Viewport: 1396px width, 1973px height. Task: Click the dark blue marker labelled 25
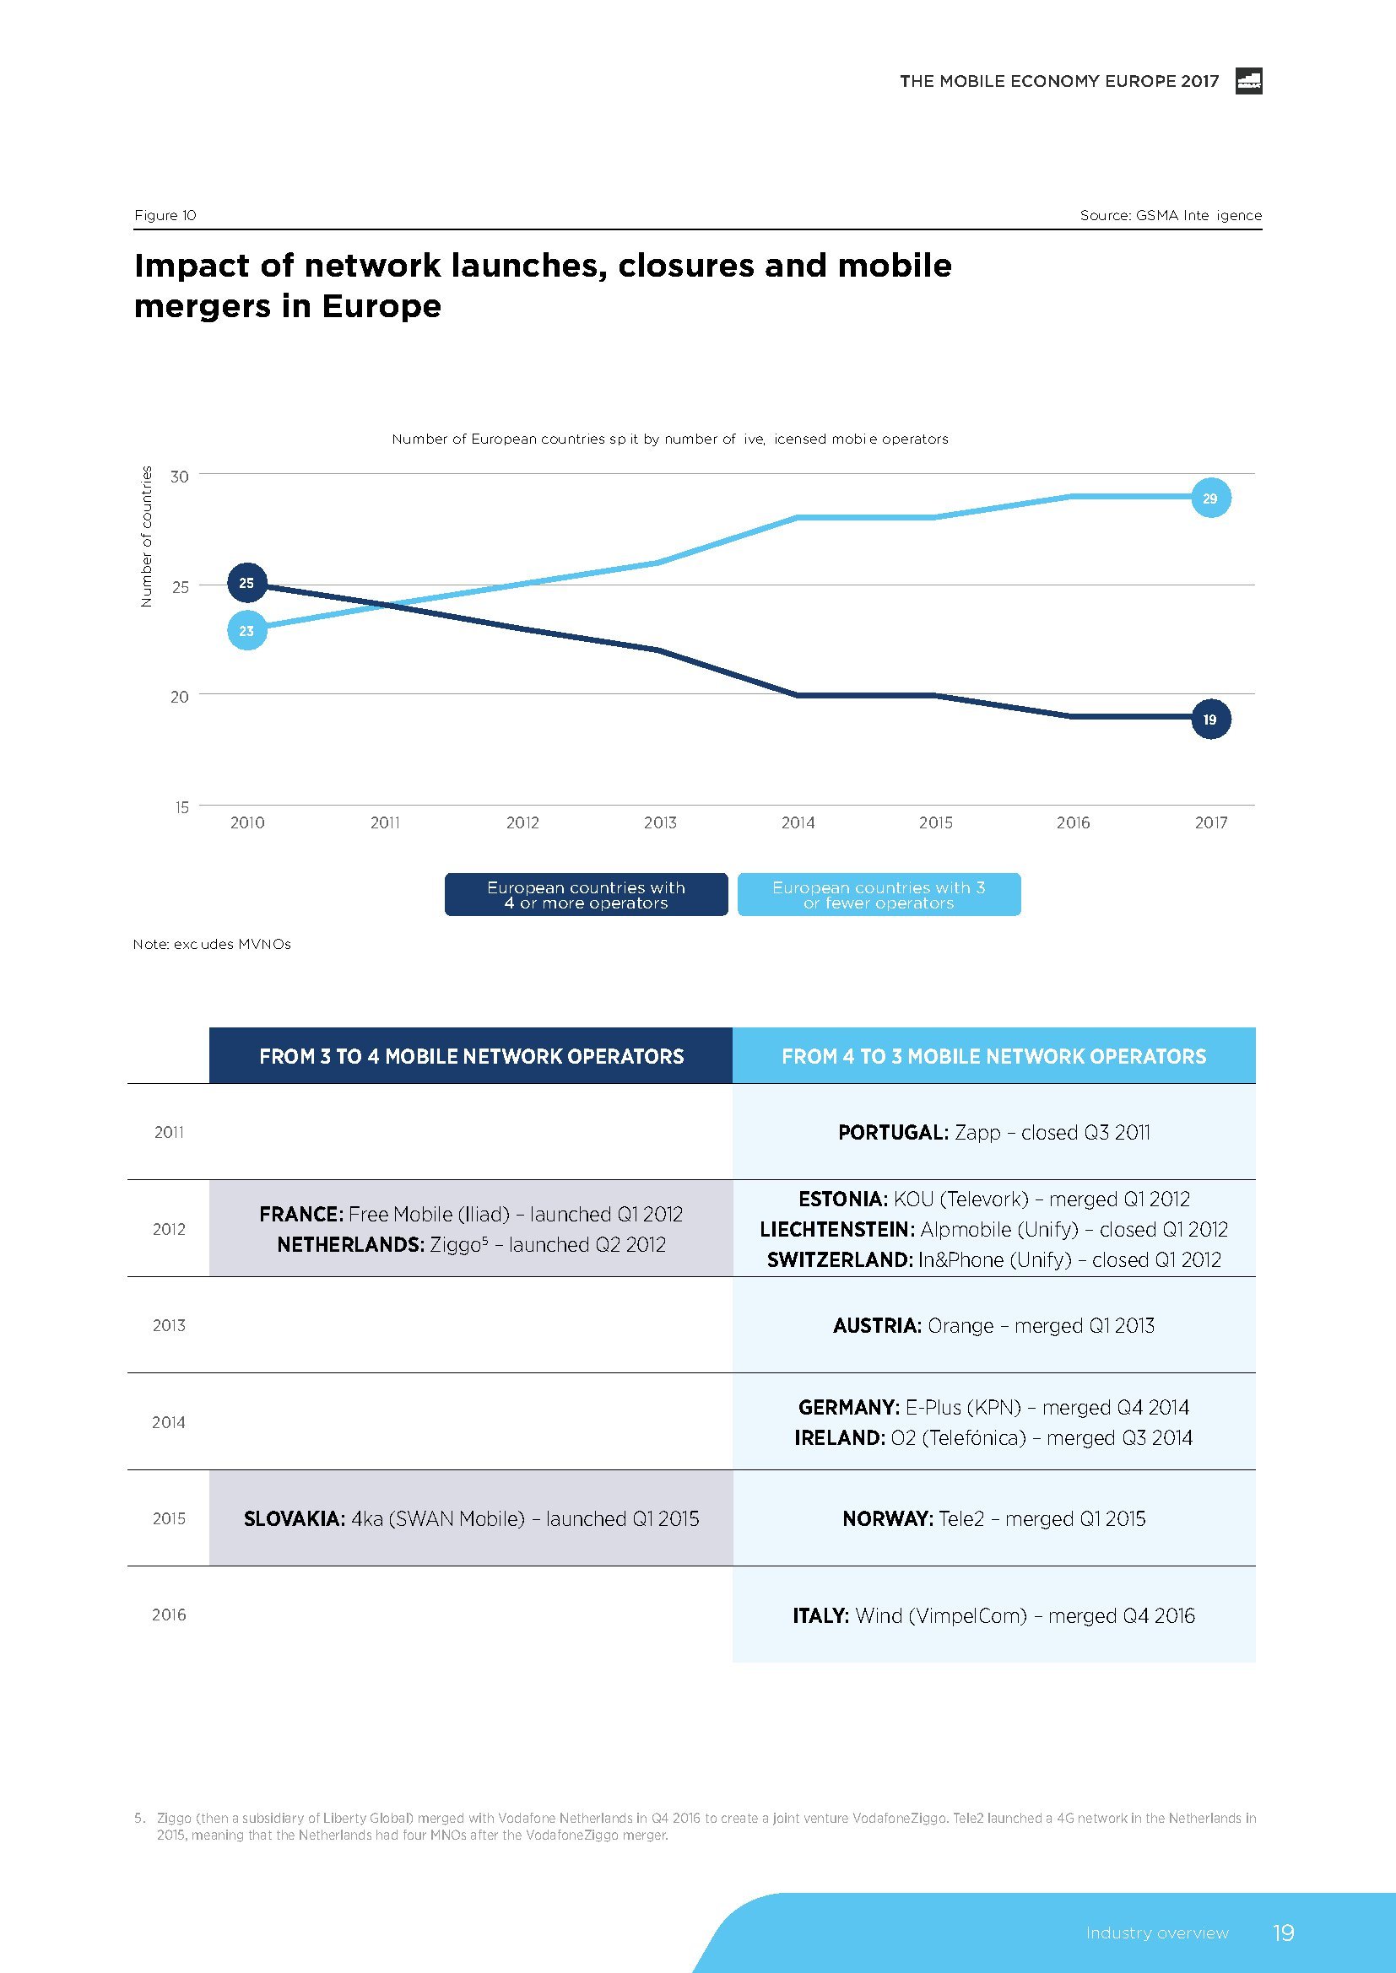[x=246, y=583]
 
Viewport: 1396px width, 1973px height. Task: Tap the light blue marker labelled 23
[x=246, y=631]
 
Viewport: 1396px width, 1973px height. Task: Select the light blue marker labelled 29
[x=1210, y=499]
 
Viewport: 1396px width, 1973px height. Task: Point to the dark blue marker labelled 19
[x=1210, y=720]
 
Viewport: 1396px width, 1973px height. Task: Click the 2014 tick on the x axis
[x=798, y=822]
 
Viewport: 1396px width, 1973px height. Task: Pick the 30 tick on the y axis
[x=180, y=476]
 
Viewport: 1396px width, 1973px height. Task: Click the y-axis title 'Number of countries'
[x=146, y=536]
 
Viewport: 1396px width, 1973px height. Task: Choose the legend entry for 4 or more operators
[x=587, y=894]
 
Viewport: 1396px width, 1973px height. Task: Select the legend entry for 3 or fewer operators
[x=879, y=894]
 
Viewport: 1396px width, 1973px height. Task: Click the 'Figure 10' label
[x=165, y=215]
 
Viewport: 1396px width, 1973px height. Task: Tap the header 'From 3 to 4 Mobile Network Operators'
[x=471, y=1056]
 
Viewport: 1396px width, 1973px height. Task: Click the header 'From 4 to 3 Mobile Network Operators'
[x=993, y=1056]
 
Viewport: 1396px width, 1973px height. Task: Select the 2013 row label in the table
[x=169, y=1325]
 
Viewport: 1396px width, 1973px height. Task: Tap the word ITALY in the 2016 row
[x=820, y=1615]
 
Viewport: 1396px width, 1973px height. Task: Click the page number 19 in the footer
[x=1283, y=1933]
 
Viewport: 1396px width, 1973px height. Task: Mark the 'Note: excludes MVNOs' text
[x=212, y=944]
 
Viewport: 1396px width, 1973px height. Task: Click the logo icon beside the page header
[x=1248, y=81]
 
